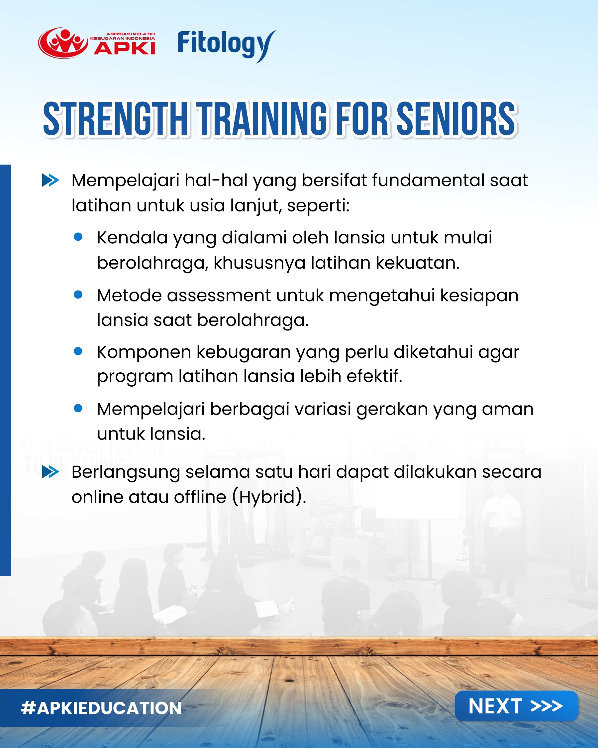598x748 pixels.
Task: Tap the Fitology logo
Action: tap(226, 45)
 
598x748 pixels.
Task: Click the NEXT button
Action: tap(516, 706)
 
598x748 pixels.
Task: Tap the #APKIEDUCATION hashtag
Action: tap(101, 708)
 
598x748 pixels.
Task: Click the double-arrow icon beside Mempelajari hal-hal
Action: tap(50, 181)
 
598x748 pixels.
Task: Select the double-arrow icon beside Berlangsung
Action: tap(50, 472)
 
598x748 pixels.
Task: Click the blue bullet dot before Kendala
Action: tap(78, 237)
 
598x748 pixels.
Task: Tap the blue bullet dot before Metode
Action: tap(78, 295)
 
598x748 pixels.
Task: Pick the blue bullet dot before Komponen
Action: tap(78, 351)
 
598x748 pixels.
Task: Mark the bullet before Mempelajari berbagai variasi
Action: tap(78, 408)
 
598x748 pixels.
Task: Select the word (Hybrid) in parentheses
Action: tap(269, 497)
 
